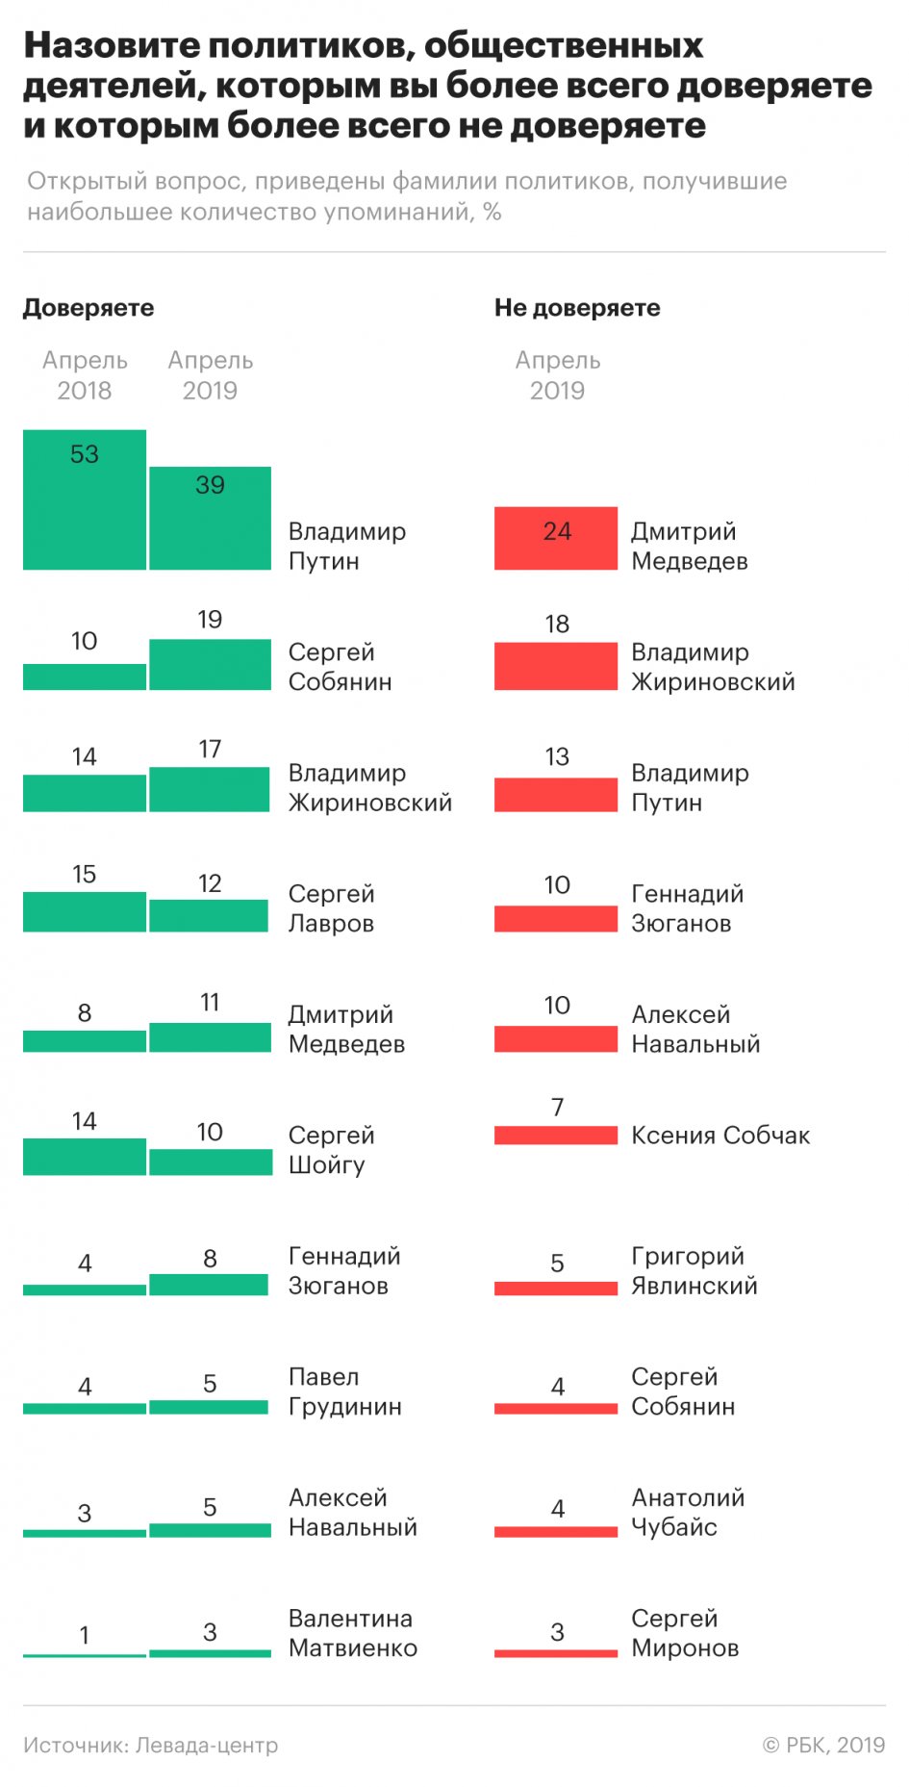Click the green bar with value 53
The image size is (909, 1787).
pos(85,499)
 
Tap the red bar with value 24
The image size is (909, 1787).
pos(556,538)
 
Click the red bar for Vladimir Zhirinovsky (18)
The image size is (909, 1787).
pos(556,666)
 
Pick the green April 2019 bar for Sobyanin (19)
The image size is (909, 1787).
pos(210,664)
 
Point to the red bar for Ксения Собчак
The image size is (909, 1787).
pos(556,1136)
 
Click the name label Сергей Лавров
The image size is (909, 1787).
pos(331,908)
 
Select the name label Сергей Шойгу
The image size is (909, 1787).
pos(331,1150)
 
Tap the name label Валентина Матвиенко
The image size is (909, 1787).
pos(352,1633)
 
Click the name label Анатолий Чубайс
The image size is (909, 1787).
pos(688,1512)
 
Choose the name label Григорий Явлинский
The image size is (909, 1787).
pos(694,1270)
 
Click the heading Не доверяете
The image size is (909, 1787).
pos(577,308)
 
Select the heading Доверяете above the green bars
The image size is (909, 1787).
pos(88,308)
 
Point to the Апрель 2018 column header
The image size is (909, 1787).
pos(85,375)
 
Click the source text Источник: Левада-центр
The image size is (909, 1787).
pos(151,1745)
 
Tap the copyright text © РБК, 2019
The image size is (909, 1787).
pos(823,1745)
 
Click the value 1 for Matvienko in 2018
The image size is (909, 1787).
pos(85,1635)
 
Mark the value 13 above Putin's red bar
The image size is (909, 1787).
pos(557,756)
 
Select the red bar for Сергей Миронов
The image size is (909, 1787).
pos(556,1653)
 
